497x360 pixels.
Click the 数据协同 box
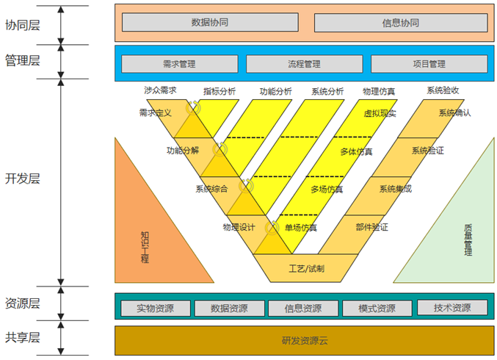(209, 23)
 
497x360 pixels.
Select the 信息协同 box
(400, 23)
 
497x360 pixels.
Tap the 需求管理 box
(179, 64)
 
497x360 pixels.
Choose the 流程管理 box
(303, 64)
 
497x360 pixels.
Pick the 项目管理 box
(427, 64)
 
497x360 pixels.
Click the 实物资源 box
(153, 308)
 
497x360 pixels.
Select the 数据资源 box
(228, 308)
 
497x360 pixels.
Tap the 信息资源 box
(302, 308)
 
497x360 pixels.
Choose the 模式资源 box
(377, 308)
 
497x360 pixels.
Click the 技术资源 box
(452, 308)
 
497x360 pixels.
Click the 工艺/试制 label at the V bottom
(307, 268)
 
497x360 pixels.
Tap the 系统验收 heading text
(443, 90)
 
